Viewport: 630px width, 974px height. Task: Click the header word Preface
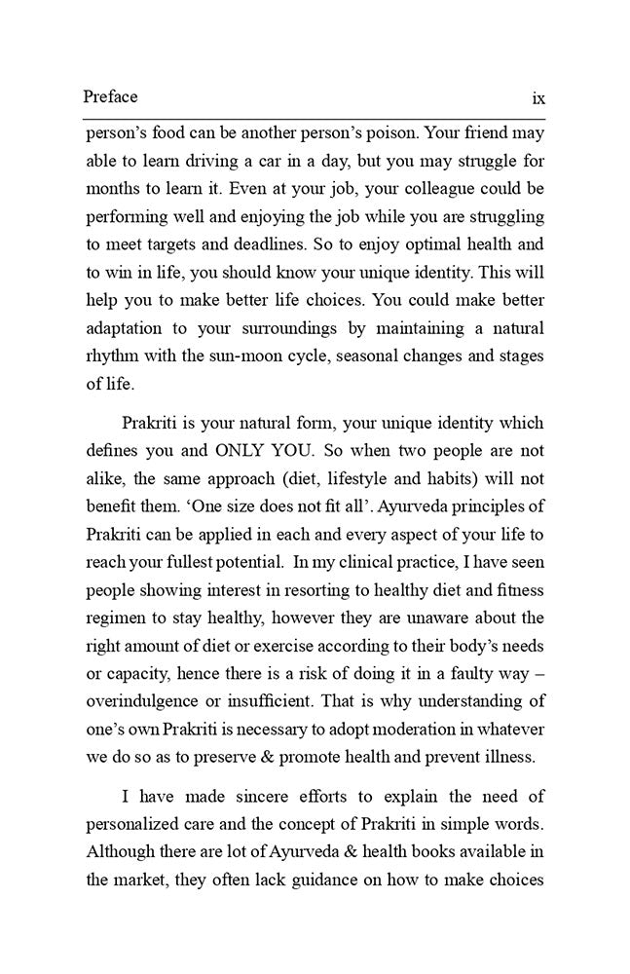(110, 97)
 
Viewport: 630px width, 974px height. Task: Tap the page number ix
(537, 98)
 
